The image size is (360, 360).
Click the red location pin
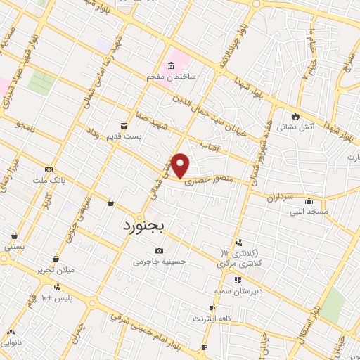click(181, 165)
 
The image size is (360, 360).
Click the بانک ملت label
click(49, 180)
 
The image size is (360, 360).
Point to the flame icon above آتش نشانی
click(295, 117)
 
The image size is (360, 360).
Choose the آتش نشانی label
click(295, 127)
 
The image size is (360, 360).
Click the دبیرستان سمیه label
click(238, 289)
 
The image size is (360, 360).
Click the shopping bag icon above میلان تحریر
click(56, 259)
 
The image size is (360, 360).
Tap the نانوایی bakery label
click(11, 342)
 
